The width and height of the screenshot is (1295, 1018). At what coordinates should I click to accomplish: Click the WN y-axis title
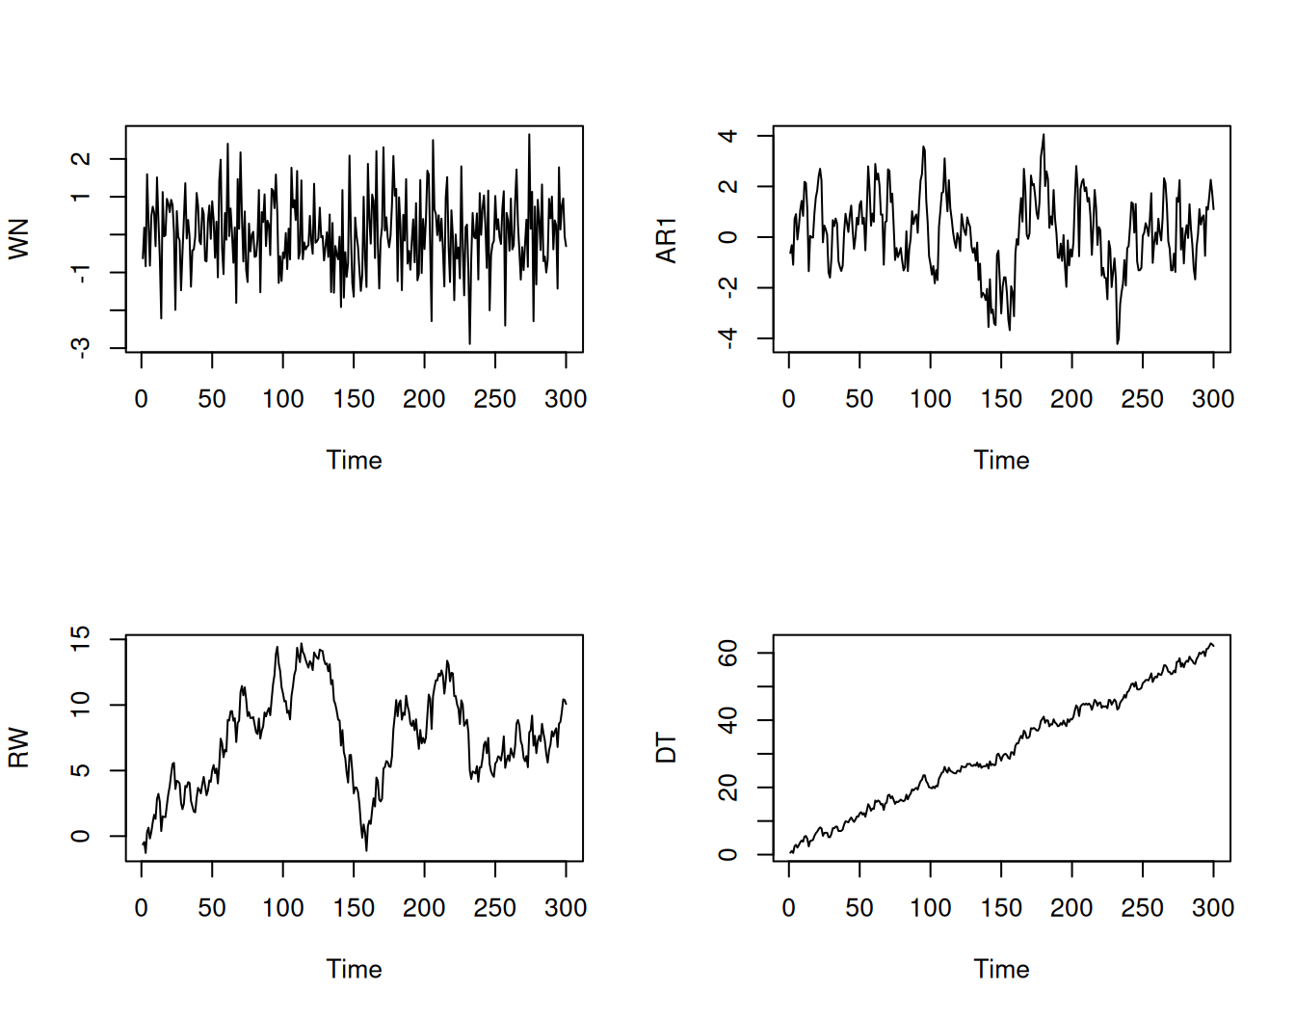coord(18,239)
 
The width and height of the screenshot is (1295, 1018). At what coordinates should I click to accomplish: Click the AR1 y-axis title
coord(666,240)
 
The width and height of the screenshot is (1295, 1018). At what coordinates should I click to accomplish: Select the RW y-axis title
coord(18,748)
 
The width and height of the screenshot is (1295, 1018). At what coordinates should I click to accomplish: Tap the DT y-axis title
coord(666,748)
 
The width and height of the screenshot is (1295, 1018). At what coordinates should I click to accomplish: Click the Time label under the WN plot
coord(354,461)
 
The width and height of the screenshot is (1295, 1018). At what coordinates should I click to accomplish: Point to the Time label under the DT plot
coord(1001,970)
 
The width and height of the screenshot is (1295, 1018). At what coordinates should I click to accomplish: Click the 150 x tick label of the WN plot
coord(354,399)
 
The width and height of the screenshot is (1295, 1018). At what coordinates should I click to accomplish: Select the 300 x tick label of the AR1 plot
coord(1212,399)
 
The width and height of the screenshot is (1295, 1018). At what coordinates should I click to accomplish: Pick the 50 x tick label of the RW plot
coord(212,908)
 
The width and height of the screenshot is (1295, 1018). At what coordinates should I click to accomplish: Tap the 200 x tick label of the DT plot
coord(1071,908)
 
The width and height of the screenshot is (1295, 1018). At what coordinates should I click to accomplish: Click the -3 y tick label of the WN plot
coord(81,347)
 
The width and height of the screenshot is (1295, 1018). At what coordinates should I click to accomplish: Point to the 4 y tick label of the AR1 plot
coord(728,136)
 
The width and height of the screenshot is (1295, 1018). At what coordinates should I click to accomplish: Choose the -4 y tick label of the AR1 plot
coord(728,337)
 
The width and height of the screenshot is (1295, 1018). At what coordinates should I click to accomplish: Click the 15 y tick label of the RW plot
coord(81,639)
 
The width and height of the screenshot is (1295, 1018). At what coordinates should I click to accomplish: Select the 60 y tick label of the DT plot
coord(728,654)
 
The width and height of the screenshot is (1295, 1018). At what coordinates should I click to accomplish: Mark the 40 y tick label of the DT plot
coord(728,720)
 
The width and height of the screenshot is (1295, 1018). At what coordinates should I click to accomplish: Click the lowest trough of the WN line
coord(469,343)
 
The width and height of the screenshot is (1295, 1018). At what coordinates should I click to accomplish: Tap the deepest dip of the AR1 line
coord(1118,343)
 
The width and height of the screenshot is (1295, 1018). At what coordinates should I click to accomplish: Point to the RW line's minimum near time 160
coord(366,850)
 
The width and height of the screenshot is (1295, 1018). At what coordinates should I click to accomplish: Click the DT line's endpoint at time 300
coord(1213,645)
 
